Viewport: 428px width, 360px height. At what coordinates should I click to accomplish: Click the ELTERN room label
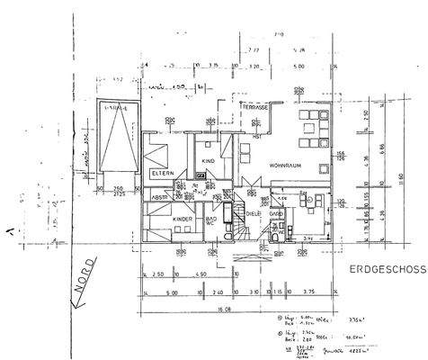tap(163, 172)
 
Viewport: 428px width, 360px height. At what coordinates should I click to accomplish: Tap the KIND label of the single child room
tap(209, 160)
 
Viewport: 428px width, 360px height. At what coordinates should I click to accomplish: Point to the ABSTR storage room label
tap(161, 198)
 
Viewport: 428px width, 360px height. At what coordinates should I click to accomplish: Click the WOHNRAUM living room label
tap(285, 166)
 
